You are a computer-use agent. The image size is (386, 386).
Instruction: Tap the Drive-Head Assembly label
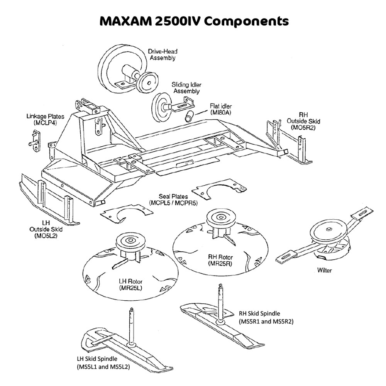[163, 54]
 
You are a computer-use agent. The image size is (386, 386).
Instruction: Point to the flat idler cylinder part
[189, 116]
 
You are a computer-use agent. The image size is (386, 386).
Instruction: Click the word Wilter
[324, 270]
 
